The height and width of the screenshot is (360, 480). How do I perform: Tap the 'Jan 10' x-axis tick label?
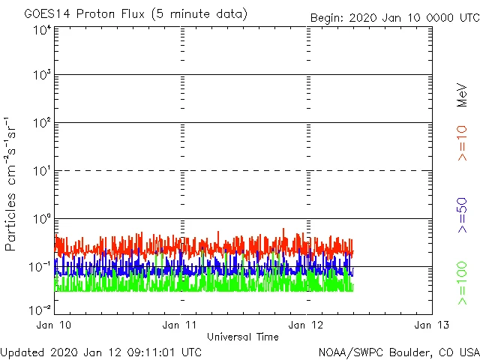[55, 325]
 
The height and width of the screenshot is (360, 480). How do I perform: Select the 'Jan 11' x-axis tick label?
[181, 325]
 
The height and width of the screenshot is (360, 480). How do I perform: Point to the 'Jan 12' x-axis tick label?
[307, 325]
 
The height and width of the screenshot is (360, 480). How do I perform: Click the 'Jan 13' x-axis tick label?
[432, 325]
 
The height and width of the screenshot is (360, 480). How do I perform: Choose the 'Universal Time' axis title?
[243, 337]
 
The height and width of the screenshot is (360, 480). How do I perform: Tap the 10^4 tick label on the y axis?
[42, 30]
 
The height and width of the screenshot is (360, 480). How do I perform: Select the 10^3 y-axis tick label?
[42, 75]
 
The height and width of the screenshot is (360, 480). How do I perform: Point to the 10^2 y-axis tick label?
[42, 123]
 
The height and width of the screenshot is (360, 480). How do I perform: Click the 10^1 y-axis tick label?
[42, 171]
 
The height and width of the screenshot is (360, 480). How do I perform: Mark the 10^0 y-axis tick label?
[42, 219]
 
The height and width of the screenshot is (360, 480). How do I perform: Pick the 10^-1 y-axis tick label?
[40, 266]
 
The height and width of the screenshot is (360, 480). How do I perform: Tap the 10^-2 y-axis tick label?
[40, 310]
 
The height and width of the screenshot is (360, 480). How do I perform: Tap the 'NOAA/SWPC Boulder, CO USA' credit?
[398, 352]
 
